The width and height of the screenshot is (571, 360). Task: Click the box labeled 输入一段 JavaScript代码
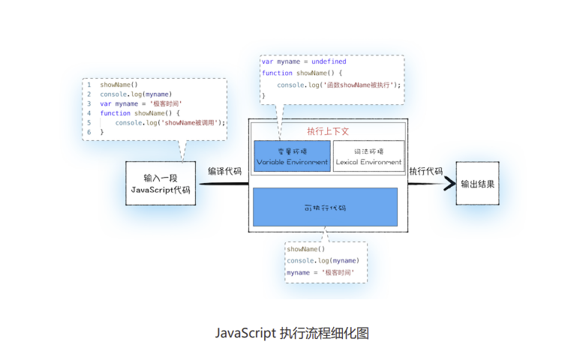[161, 184]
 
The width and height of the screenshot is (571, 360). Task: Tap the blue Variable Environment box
[292, 156]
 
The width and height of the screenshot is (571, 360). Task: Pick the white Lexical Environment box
[368, 156]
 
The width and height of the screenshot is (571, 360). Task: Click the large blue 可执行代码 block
[325, 206]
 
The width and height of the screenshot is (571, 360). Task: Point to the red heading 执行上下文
[328, 130]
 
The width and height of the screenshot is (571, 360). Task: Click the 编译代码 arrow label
[224, 171]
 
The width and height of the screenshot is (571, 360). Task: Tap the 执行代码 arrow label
[425, 171]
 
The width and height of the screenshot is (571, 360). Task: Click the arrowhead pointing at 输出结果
[449, 183]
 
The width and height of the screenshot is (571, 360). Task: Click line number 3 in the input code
[89, 103]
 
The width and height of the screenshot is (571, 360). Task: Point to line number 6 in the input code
[89, 132]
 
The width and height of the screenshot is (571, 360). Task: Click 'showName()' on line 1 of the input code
[119, 85]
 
